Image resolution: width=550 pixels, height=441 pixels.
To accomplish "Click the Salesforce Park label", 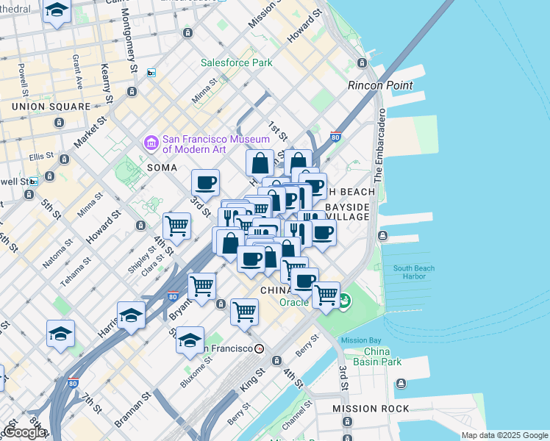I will coord(237,63).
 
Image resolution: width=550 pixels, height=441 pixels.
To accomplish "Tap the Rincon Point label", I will coord(379,85).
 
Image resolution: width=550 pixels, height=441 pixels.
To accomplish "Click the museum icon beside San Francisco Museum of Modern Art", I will coord(151,141).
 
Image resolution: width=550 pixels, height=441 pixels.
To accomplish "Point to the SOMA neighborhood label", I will coord(162,168).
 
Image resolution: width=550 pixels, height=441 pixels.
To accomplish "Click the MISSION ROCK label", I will coord(369,408).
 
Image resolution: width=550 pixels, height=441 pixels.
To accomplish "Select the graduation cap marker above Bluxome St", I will coord(190,339).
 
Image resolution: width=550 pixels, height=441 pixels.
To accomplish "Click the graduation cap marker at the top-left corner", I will coord(57,11).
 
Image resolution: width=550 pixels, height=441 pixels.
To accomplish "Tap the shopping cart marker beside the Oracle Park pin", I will coord(326,295).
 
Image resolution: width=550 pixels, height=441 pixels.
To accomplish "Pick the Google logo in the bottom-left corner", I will coord(25,432).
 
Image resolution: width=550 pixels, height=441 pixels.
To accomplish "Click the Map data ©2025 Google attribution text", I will coord(504,435).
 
